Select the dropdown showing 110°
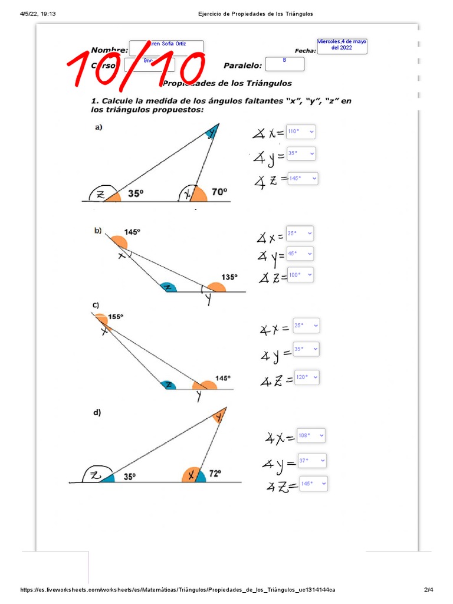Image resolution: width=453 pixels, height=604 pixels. [x=300, y=132]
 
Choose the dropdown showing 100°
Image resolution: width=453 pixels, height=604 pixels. [x=300, y=275]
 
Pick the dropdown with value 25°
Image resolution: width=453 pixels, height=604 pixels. [x=306, y=325]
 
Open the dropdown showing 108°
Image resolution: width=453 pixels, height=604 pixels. [x=311, y=436]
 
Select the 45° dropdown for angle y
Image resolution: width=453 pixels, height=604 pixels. [x=299, y=254]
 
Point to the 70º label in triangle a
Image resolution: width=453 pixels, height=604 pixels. [x=219, y=192]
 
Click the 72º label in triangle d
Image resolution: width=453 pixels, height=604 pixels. [x=214, y=473]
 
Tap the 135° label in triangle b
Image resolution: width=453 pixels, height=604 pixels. [x=229, y=277]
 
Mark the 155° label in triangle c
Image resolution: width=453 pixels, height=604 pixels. [x=116, y=317]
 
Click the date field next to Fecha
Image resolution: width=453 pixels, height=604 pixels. [x=342, y=45]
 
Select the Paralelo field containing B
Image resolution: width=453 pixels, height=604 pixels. [x=285, y=63]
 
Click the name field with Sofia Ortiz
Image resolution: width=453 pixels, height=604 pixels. [x=166, y=47]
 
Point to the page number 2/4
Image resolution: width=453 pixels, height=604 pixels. [x=428, y=590]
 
